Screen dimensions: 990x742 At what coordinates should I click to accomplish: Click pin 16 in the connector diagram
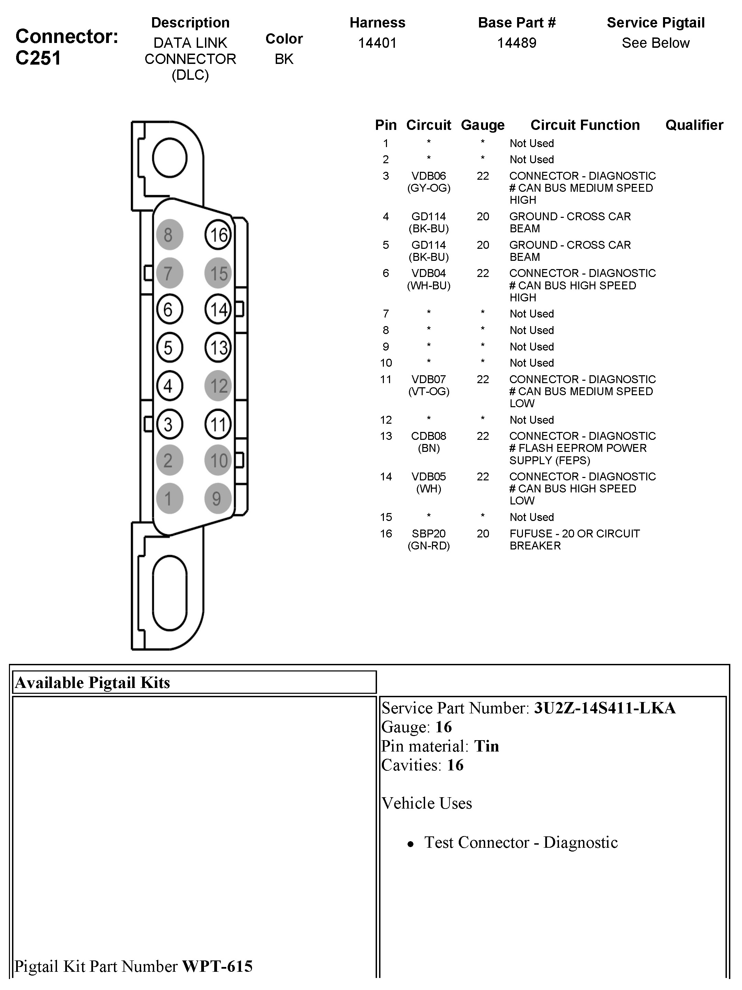pyautogui.click(x=218, y=234)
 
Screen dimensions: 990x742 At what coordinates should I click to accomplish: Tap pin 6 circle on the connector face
pyautogui.click(x=169, y=309)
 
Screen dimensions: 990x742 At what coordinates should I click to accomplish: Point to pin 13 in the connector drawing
pyautogui.click(x=218, y=347)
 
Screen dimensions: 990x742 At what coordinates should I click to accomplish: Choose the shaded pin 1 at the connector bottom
pyautogui.click(x=169, y=498)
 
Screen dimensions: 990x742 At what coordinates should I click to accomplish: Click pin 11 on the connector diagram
pyautogui.click(x=218, y=424)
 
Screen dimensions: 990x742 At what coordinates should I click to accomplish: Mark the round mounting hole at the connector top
pyautogui.click(x=170, y=157)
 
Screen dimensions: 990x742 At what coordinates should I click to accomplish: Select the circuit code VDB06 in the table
pyautogui.click(x=429, y=176)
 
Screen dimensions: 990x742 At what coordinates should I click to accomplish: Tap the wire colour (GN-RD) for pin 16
pyautogui.click(x=429, y=546)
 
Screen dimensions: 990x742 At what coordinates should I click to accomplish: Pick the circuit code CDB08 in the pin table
pyautogui.click(x=429, y=436)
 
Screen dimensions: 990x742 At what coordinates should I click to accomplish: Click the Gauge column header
pyautogui.click(x=482, y=125)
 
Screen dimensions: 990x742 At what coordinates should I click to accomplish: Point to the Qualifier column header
pyautogui.click(x=694, y=125)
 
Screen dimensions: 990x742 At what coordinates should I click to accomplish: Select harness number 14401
pyautogui.click(x=377, y=43)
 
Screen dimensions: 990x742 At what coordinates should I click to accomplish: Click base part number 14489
pyautogui.click(x=516, y=43)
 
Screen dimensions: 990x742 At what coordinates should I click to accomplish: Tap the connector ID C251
pyautogui.click(x=38, y=58)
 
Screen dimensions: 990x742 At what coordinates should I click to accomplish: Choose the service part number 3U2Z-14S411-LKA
pyautogui.click(x=605, y=708)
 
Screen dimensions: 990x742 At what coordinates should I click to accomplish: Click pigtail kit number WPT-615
pyautogui.click(x=217, y=966)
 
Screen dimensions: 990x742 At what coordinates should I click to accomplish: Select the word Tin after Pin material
pyautogui.click(x=486, y=746)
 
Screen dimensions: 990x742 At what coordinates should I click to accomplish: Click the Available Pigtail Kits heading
pyautogui.click(x=93, y=682)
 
